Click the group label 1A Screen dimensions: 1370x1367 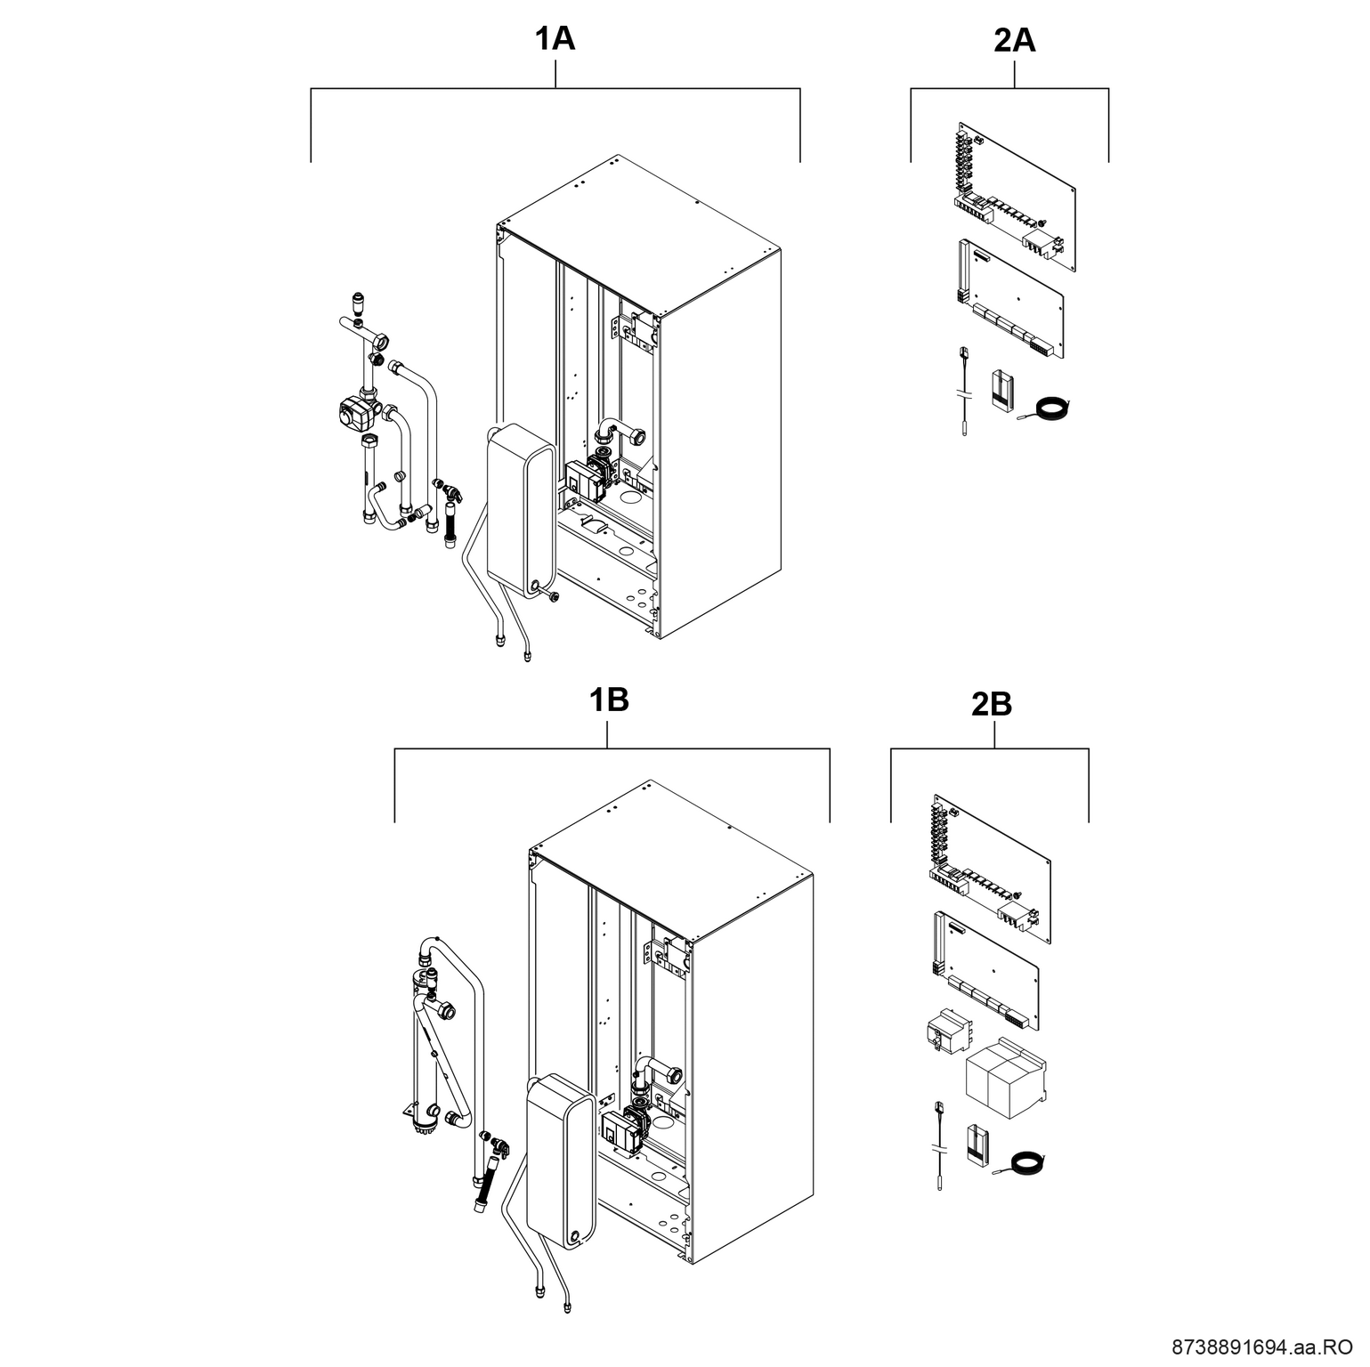point(555,40)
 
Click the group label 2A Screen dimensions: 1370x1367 point(1015,40)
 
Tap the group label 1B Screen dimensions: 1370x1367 point(608,700)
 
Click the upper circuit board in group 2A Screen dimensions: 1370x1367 point(1015,196)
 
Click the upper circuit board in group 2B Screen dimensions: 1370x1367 point(991,868)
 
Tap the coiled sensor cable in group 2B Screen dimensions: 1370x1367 point(1027,1165)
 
